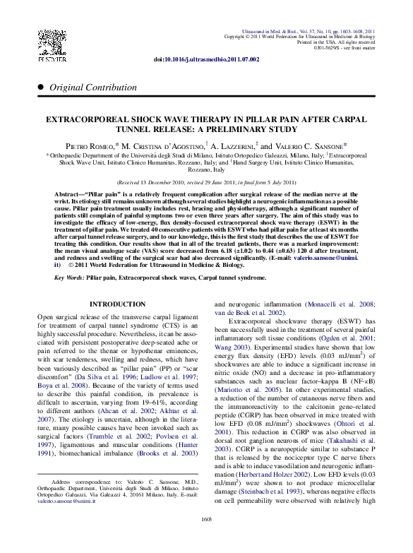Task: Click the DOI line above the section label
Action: click(206, 61)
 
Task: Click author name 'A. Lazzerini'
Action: click(229, 145)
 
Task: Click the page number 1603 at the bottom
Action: click(206, 539)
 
